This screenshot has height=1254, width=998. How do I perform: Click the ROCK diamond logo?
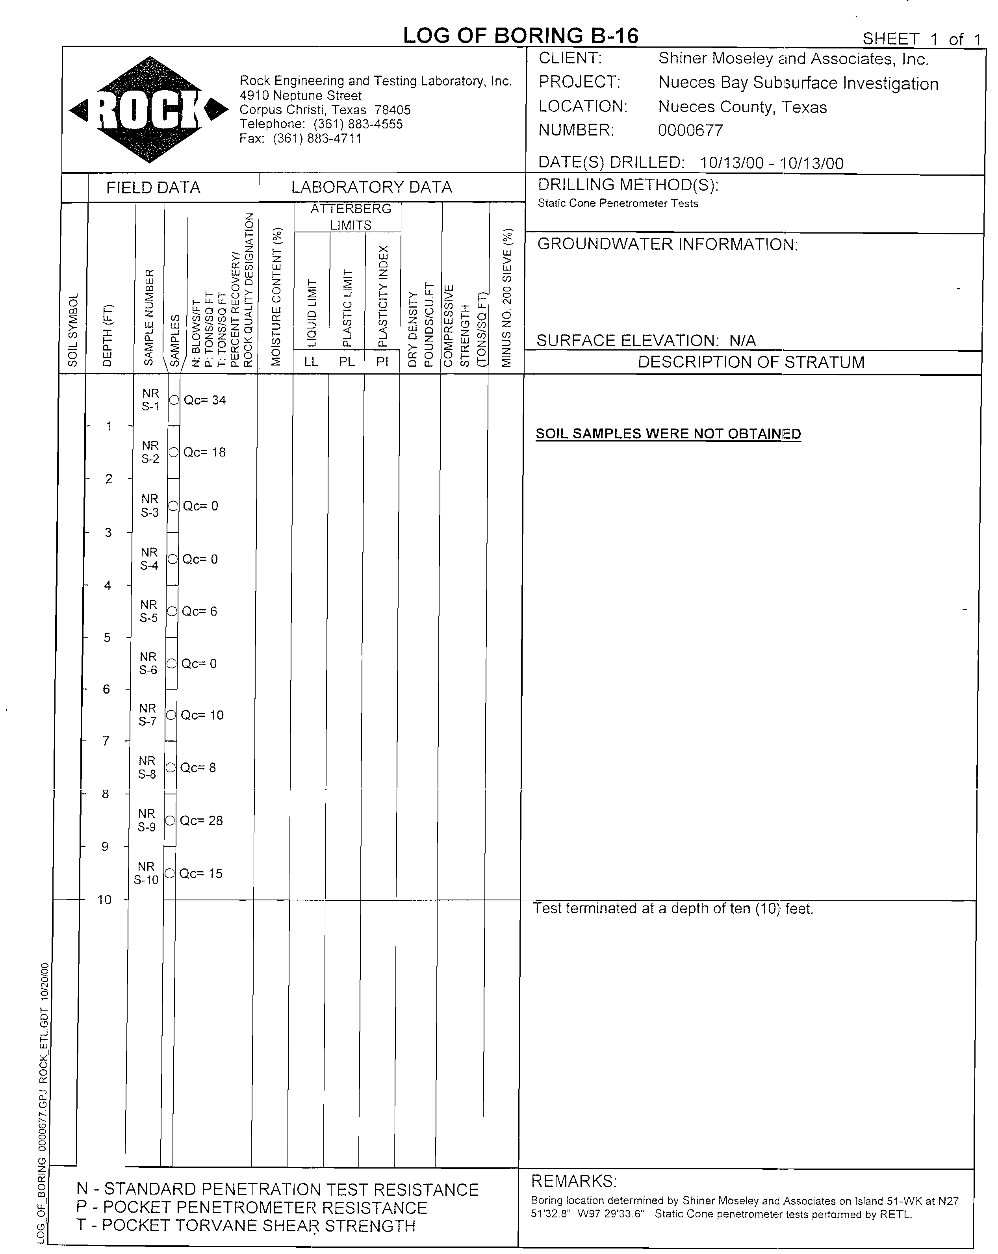pyautogui.click(x=149, y=109)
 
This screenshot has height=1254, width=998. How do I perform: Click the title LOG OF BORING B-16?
pyautogui.click(x=521, y=36)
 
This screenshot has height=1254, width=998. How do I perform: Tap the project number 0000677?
pyautogui.click(x=690, y=130)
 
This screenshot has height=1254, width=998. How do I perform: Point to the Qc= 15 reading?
pyautogui.click(x=200, y=874)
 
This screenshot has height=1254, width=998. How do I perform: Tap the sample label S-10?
pyautogui.click(x=146, y=880)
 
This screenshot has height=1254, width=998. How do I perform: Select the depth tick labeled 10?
pyautogui.click(x=104, y=900)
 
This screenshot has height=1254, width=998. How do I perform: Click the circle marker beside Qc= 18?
pyautogui.click(x=173, y=452)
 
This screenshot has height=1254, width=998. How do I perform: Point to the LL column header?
pyautogui.click(x=311, y=362)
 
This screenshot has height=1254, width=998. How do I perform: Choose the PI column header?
pyautogui.click(x=382, y=362)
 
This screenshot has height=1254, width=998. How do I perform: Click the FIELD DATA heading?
pyautogui.click(x=153, y=188)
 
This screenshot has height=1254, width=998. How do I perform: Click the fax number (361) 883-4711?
pyautogui.click(x=317, y=138)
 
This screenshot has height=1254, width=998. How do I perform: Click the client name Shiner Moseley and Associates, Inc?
pyautogui.click(x=793, y=59)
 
